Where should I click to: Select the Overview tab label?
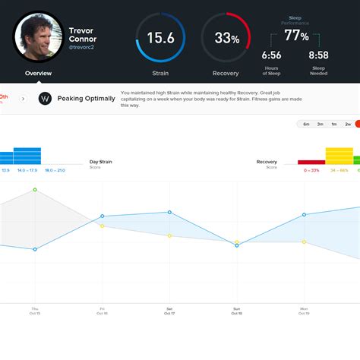(38, 74)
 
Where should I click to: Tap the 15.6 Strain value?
(160, 37)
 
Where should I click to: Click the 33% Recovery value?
(226, 38)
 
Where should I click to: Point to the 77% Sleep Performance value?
(295, 36)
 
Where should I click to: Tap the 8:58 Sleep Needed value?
(319, 55)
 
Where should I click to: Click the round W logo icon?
(45, 99)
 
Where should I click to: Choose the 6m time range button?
(306, 124)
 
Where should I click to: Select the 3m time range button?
(321, 124)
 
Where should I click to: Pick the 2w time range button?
(348, 124)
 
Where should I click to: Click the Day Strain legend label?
(100, 162)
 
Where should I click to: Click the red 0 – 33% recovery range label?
(311, 170)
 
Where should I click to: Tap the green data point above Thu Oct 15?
(35, 189)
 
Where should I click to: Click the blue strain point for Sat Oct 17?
(169, 212)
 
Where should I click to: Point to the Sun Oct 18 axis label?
(236, 311)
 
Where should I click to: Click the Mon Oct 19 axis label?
(304, 311)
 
